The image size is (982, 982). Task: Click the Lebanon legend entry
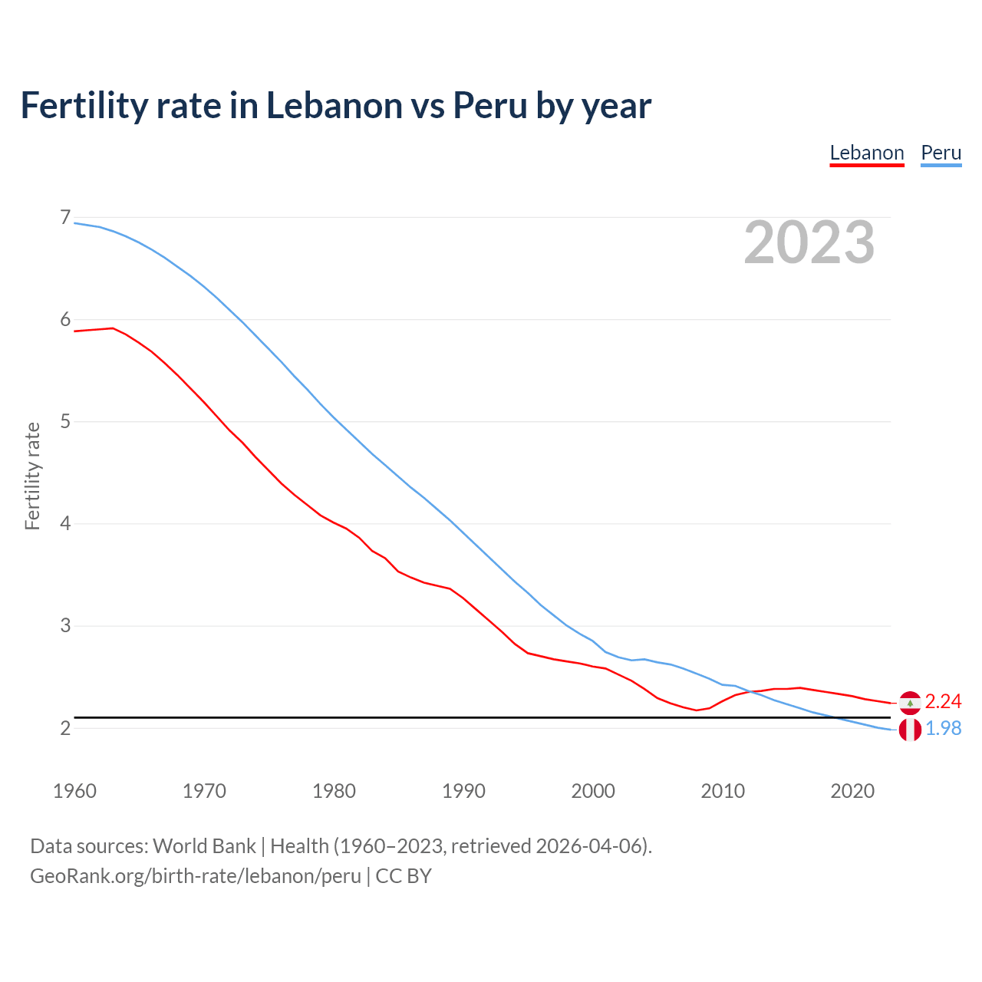click(867, 153)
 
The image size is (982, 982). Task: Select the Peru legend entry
click(941, 153)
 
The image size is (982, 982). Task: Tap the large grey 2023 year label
click(809, 242)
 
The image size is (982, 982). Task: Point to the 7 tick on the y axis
click(65, 218)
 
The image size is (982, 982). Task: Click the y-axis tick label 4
click(65, 524)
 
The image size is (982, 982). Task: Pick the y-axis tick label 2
click(65, 728)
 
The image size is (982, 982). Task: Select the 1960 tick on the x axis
click(74, 791)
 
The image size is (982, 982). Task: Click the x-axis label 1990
click(463, 791)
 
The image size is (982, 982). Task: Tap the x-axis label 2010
click(723, 791)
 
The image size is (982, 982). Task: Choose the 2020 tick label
click(852, 791)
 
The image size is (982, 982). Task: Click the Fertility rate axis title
click(32, 476)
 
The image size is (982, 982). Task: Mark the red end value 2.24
click(943, 702)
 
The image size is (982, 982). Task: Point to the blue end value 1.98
click(943, 729)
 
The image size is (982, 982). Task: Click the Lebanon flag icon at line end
click(910, 703)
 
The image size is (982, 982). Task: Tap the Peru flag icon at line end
click(910, 730)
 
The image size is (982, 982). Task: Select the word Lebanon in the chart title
click(334, 106)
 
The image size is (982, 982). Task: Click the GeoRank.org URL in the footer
click(195, 876)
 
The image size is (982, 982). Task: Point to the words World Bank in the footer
click(204, 846)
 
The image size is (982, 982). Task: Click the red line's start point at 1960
click(75, 331)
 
